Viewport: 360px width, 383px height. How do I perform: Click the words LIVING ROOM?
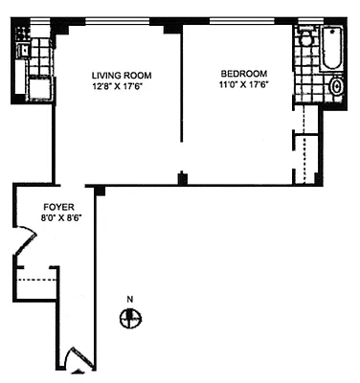coord(122,74)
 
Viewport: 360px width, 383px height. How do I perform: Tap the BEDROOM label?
coord(243,74)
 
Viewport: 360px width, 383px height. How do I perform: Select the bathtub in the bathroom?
coord(331,53)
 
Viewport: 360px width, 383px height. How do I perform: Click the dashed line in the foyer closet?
coord(36,279)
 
